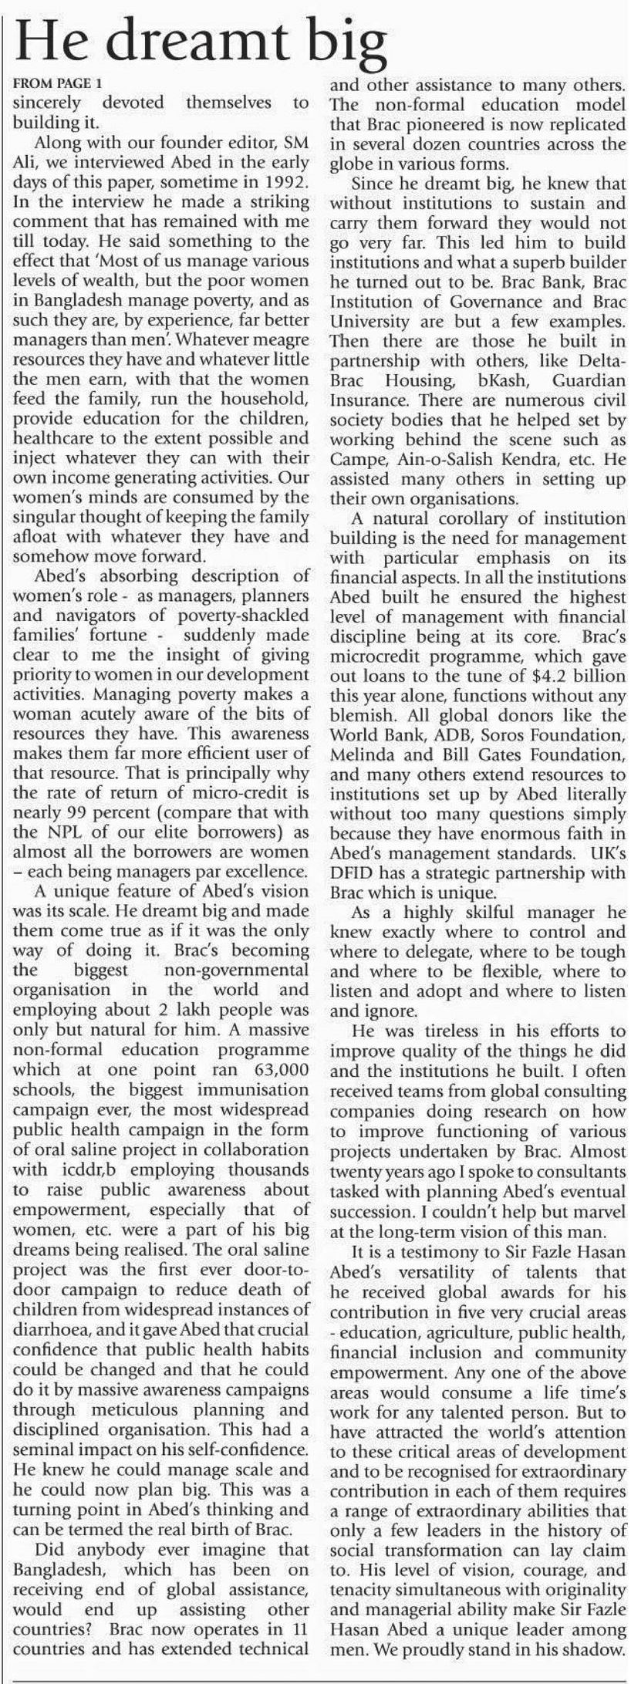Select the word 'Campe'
(x=352, y=460)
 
